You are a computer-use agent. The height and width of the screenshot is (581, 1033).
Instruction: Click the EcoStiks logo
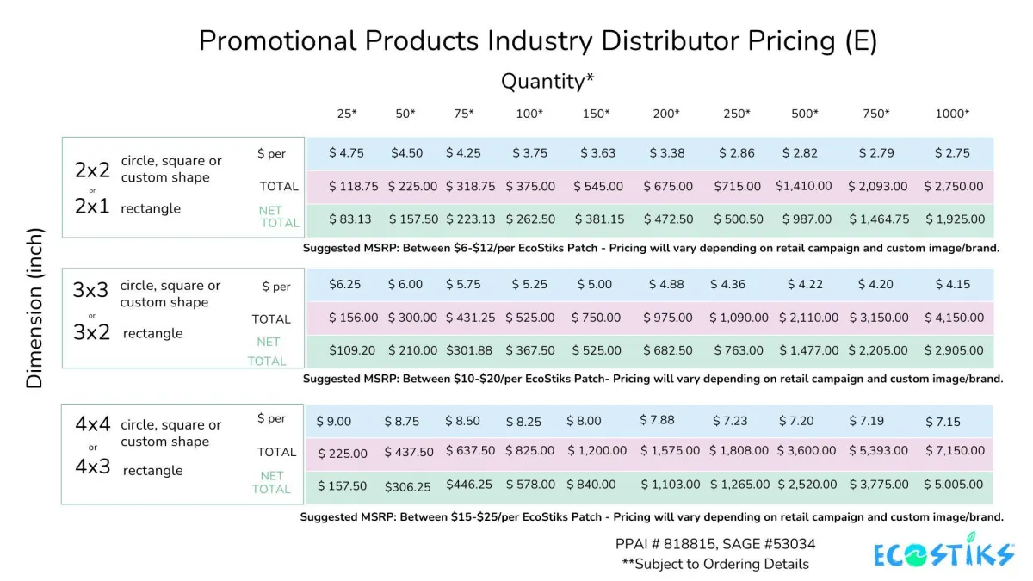tap(944, 554)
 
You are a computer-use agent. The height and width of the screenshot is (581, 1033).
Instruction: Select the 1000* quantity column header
tap(952, 114)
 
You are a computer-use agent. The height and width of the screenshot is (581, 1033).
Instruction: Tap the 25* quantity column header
tap(346, 114)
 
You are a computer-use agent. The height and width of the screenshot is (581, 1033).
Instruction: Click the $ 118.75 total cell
tap(348, 186)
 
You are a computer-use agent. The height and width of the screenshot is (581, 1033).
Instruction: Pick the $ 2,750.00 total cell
tap(954, 186)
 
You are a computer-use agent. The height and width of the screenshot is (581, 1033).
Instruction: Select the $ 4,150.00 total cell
tap(954, 318)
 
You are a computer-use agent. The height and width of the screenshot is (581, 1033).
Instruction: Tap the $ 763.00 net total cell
tap(738, 350)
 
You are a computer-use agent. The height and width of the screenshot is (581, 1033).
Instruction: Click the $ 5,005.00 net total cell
tap(954, 485)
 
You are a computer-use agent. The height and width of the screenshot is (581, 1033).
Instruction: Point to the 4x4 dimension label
tap(93, 424)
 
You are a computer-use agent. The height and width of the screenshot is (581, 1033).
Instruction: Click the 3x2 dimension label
tap(92, 333)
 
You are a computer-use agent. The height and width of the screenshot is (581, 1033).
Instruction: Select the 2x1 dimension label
tap(92, 207)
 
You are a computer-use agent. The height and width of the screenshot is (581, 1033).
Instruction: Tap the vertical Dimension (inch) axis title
tap(34, 307)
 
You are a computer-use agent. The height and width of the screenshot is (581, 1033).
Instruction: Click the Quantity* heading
tap(547, 81)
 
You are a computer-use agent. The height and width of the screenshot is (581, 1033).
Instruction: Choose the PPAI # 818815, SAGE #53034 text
tap(714, 544)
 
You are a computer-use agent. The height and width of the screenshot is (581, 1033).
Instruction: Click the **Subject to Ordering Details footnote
tap(714, 564)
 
